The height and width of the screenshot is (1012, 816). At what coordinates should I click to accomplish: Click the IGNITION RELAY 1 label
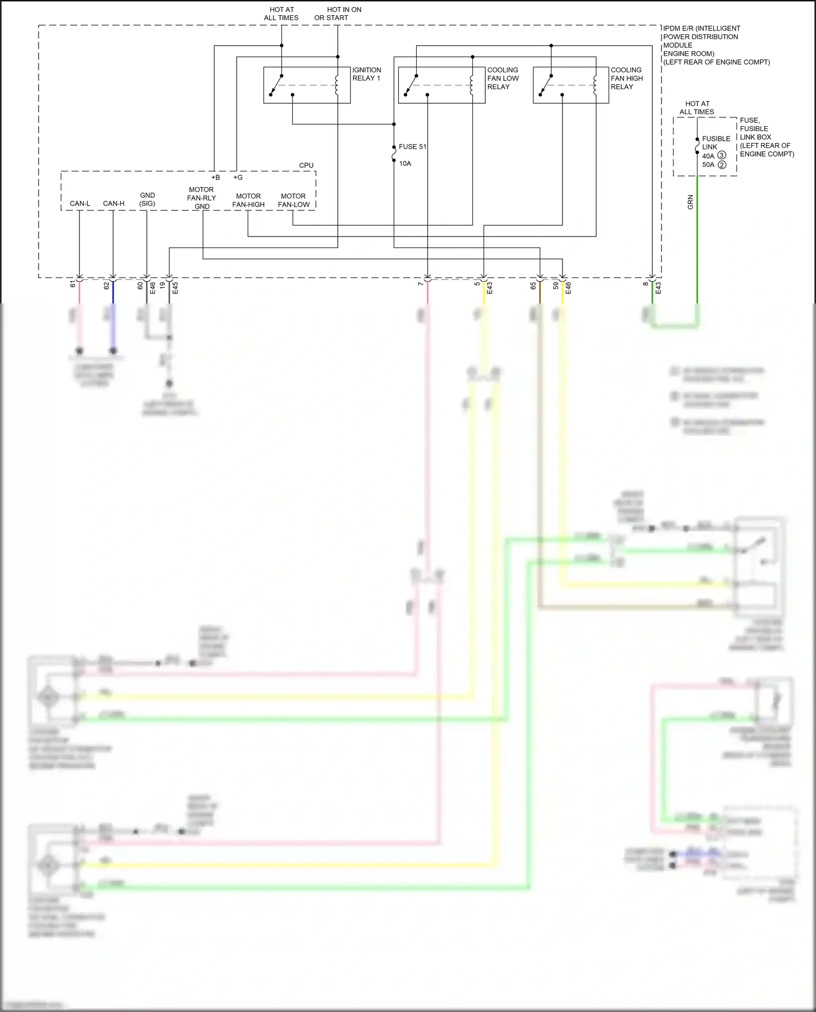coord(366,74)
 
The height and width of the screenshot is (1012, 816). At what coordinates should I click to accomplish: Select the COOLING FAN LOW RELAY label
coord(503,78)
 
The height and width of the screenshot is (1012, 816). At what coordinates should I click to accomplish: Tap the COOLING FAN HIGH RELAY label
coord(626,78)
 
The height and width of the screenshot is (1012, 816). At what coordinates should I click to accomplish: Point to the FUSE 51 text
coord(412,147)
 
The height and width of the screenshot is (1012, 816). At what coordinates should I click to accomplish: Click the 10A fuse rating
coord(405,164)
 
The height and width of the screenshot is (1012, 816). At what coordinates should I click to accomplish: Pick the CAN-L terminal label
coord(80,204)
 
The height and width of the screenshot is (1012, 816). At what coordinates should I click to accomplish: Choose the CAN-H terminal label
coord(114,204)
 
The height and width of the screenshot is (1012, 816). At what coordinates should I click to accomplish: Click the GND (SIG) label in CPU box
coord(147,200)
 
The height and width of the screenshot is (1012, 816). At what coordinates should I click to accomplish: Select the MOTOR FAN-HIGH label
coord(249,200)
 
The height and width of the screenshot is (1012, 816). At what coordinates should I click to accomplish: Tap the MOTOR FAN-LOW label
coord(293,200)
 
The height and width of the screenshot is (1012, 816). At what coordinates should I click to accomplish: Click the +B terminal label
coord(215,178)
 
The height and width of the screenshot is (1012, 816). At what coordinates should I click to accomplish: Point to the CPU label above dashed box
coord(306,165)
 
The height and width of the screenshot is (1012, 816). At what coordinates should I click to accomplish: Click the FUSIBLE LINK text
coord(716,143)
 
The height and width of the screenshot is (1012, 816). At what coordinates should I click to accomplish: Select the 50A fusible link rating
coord(708,165)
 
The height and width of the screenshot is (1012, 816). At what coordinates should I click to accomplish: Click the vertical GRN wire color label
coord(690,202)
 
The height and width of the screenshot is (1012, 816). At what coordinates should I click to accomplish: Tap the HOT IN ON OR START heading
coord(338,14)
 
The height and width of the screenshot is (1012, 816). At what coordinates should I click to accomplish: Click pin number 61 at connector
coord(73,284)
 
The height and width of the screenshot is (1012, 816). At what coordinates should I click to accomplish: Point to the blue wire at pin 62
coord(113,294)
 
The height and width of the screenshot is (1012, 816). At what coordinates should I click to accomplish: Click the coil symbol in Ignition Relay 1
coord(337,85)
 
